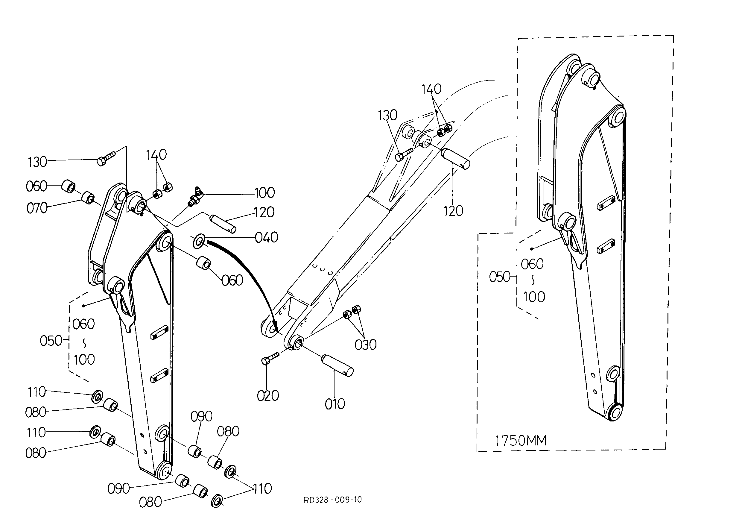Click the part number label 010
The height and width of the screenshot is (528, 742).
click(x=335, y=404)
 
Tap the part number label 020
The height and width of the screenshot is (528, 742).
click(x=268, y=396)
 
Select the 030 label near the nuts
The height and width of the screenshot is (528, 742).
click(x=365, y=345)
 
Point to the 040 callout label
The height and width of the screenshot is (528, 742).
click(x=266, y=238)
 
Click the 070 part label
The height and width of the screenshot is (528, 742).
click(x=37, y=208)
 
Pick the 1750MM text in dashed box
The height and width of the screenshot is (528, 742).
click(x=521, y=441)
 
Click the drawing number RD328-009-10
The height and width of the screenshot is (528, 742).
click(x=332, y=500)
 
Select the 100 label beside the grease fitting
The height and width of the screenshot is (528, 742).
click(x=264, y=193)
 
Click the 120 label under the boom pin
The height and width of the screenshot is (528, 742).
click(x=453, y=211)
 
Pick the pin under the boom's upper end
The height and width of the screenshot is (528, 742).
click(x=455, y=159)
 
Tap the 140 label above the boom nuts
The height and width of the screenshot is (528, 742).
click(x=431, y=89)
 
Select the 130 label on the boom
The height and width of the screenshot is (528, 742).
click(x=387, y=116)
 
